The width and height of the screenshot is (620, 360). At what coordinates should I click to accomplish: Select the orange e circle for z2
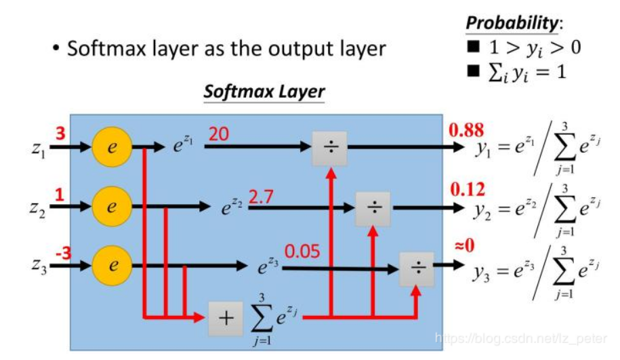coord(112,205)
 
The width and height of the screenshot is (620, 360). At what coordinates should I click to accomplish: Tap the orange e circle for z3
coord(112,266)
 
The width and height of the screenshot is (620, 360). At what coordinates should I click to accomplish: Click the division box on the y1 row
coord(329,147)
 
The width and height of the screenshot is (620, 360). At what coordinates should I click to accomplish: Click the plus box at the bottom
coord(225,316)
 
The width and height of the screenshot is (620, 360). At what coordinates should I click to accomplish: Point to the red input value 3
coord(60,133)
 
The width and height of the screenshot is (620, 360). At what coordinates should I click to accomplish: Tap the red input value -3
coord(62,252)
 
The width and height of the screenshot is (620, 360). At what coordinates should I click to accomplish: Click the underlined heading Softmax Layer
coord(264,91)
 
